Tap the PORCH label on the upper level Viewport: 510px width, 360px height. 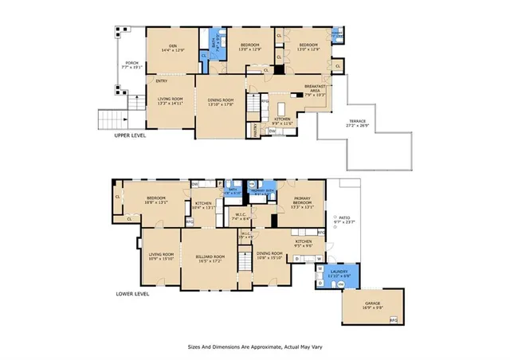[x=127, y=65]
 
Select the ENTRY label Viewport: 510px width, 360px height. [x=161, y=81]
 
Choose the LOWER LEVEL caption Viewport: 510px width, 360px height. [x=132, y=294]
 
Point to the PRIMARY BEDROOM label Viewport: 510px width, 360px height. [x=302, y=203]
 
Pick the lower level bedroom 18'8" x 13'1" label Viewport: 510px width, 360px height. [x=155, y=200]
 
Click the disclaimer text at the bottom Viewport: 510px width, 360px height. [x=255, y=348]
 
